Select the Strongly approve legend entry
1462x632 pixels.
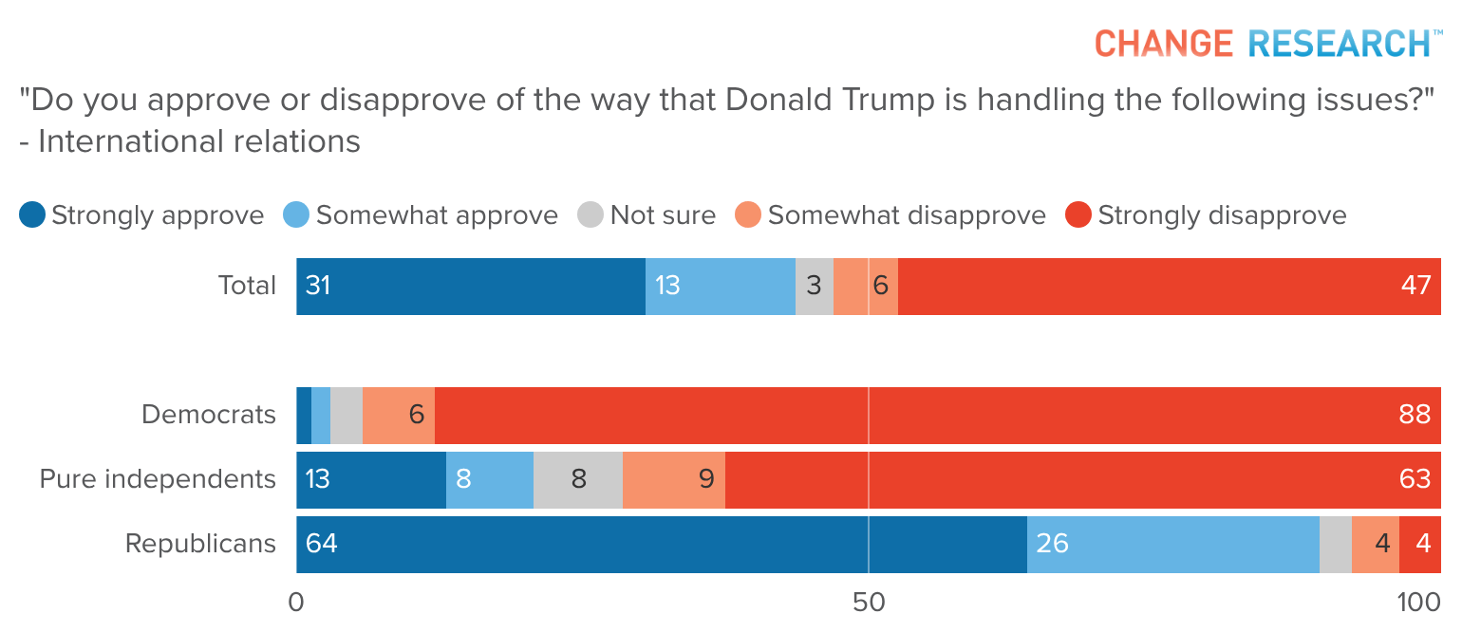tap(142, 215)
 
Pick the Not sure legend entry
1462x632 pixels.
tap(647, 215)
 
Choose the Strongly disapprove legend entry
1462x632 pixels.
tap(1207, 215)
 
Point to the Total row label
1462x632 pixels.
tap(247, 286)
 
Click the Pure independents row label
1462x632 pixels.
tap(158, 478)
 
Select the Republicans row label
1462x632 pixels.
tap(200, 544)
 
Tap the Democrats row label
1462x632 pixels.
tap(209, 415)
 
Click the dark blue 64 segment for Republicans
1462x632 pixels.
tap(661, 545)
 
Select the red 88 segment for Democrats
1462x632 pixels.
tap(937, 416)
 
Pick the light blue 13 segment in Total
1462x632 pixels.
tap(720, 287)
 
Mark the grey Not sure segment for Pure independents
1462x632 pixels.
tap(578, 480)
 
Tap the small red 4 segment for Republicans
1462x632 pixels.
tap(1420, 545)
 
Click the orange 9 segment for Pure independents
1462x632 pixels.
tap(673, 480)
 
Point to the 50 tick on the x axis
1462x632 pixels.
tap(868, 603)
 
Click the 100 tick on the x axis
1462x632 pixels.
tap(1420, 603)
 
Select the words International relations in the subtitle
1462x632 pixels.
tap(199, 141)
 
